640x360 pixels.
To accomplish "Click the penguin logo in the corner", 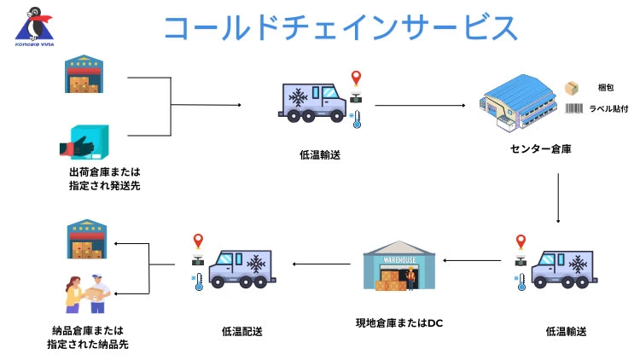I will [32, 26].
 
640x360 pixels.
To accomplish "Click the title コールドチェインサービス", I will [340, 27].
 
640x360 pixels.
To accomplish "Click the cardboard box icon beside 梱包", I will [572, 88].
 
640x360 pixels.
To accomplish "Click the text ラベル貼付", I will [608, 108].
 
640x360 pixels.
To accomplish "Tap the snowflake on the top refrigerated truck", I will [299, 101].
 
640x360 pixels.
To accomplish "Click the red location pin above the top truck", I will [356, 78].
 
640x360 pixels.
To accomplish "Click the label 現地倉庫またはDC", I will [399, 323].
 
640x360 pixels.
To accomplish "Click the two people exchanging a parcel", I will [87, 292].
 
